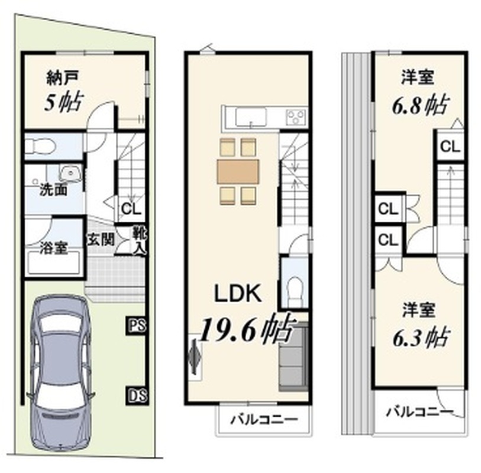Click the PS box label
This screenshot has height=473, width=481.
(x=137, y=325)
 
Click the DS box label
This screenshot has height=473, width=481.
(x=137, y=395)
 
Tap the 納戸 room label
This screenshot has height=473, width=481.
(x=63, y=77)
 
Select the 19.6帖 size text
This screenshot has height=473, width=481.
(x=246, y=329)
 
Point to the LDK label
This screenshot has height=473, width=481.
(x=238, y=293)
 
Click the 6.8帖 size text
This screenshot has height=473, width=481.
(x=420, y=105)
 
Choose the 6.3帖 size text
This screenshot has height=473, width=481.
(x=421, y=337)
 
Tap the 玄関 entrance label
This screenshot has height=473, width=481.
(x=101, y=239)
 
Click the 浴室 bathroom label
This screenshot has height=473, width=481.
(x=54, y=248)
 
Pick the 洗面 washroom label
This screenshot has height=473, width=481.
(x=54, y=190)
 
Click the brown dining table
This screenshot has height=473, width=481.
(x=238, y=171)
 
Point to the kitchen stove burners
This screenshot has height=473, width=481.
(x=296, y=117)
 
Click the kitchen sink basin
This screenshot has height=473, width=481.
(x=251, y=117)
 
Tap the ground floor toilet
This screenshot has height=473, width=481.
(x=40, y=146)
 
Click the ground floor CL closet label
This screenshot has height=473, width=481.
(x=131, y=209)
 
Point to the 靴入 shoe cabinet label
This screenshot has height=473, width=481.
(x=139, y=241)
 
